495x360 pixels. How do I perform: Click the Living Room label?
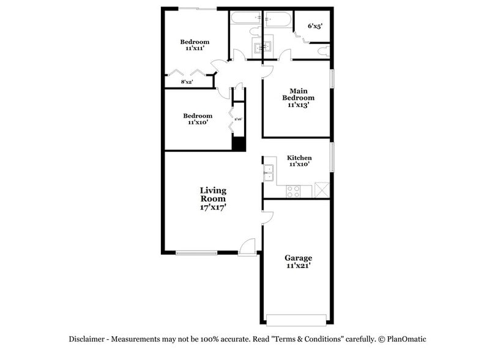coord(212,195)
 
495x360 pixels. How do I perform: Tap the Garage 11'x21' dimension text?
coord(298,266)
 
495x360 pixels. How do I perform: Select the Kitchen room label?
coord(299,158)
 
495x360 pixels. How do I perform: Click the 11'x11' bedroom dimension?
coord(195,50)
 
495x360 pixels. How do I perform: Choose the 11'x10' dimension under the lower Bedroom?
coord(198,123)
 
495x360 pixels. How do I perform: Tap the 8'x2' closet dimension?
coord(187,82)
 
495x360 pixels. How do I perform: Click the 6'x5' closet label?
coord(314,26)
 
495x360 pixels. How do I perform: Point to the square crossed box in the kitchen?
coord(321,190)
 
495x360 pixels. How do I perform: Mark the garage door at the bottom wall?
coord(297,319)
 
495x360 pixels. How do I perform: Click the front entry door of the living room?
coord(247,247)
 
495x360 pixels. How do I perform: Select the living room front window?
coord(196,252)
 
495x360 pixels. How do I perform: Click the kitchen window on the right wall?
coord(332,157)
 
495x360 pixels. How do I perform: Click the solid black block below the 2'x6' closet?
coord(238,144)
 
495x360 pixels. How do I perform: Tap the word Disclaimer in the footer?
coord(88,339)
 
